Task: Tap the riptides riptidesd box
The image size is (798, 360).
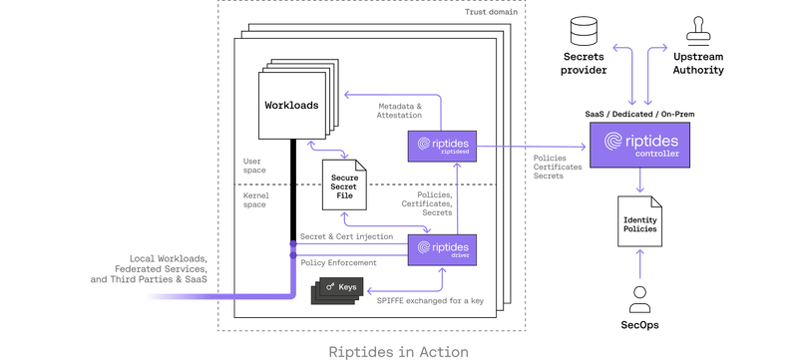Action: tap(441, 146)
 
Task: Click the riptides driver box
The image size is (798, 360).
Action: tap(441, 248)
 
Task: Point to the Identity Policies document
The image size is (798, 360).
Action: tap(639, 224)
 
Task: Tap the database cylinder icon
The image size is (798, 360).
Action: tap(582, 31)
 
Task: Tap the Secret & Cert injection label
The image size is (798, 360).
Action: tap(345, 237)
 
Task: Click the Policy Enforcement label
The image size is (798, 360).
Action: tap(338, 261)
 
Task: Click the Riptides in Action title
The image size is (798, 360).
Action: tap(398, 351)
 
